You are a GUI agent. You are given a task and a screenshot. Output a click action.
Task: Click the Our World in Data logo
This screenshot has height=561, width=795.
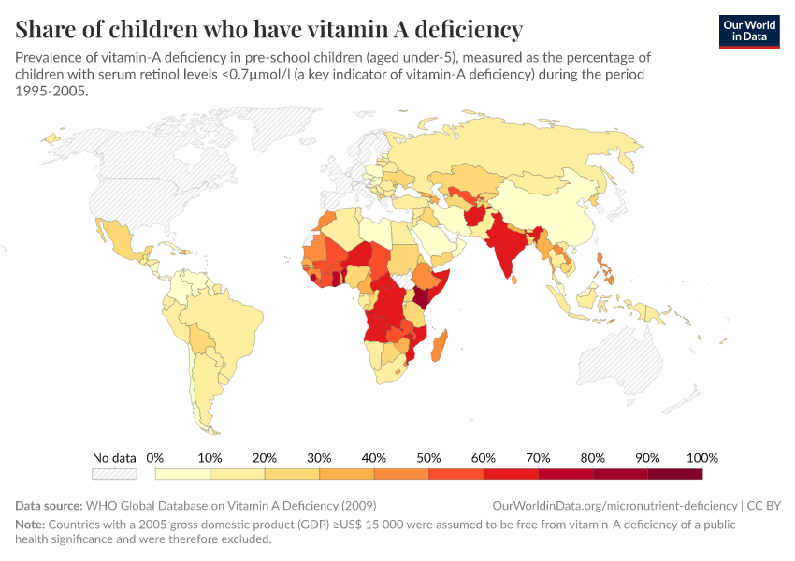point(748,30)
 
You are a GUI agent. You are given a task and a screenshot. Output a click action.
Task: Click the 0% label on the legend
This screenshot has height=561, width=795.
point(155,458)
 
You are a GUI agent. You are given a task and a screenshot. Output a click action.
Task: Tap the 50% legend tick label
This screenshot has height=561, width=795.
point(428,458)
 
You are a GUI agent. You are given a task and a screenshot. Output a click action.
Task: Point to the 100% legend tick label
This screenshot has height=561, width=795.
point(701,458)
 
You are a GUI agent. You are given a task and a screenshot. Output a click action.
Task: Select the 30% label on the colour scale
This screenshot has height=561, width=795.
point(319,458)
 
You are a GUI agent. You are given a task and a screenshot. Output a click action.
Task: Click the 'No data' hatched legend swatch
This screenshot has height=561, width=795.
point(114,474)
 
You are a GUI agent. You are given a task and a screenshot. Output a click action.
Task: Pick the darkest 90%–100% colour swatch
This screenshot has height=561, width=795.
point(674,474)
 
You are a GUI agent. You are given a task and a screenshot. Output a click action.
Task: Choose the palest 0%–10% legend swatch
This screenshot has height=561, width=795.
point(182,474)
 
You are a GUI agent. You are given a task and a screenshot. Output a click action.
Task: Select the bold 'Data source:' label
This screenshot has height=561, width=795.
point(49,505)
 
